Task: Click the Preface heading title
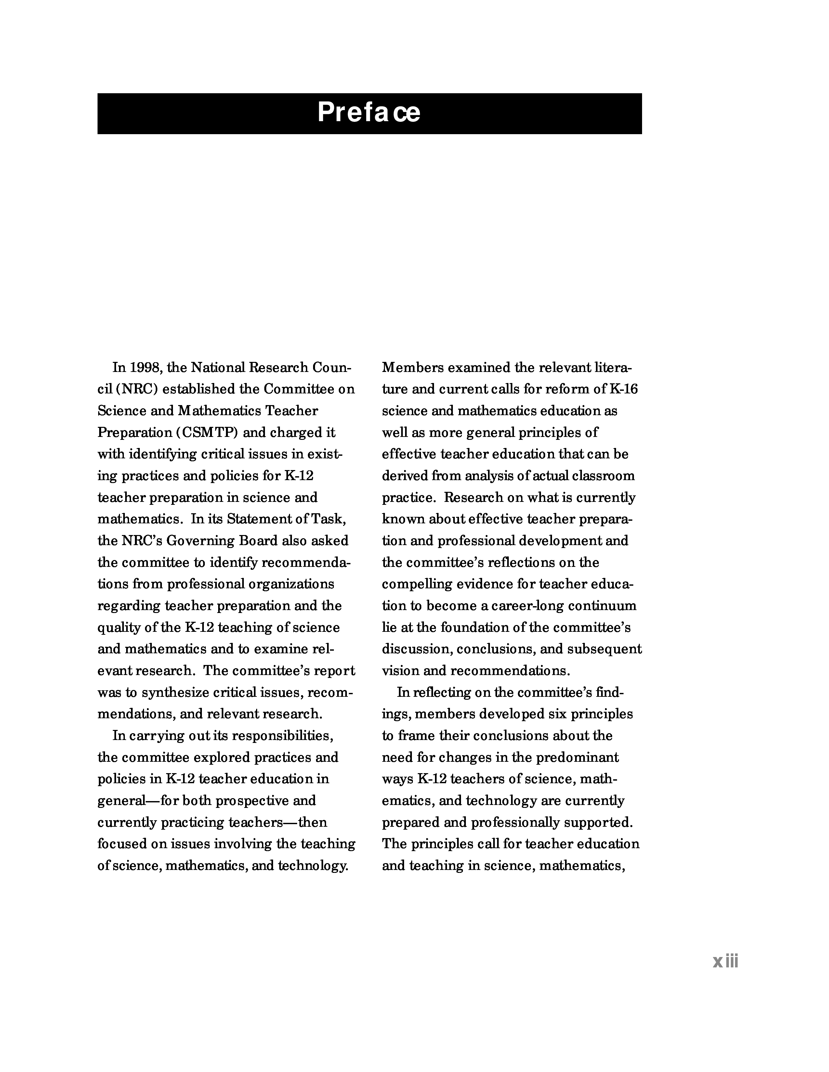click(369, 112)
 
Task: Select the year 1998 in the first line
click(146, 367)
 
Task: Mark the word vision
click(397, 670)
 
